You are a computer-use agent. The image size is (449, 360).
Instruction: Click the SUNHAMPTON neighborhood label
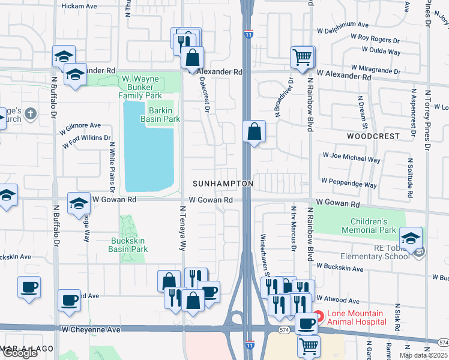tap(223, 183)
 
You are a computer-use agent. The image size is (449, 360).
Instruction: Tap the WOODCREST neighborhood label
tap(373, 136)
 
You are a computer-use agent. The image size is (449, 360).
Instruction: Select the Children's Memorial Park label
tap(369, 226)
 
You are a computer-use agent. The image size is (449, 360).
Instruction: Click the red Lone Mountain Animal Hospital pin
tap(318, 316)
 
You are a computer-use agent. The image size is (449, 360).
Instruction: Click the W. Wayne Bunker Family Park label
tap(141, 87)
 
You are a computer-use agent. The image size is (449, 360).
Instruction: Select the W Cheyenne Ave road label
tap(90, 329)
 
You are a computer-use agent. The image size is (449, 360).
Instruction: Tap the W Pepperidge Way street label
tap(349, 181)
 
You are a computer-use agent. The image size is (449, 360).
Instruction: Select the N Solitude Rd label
tap(411, 178)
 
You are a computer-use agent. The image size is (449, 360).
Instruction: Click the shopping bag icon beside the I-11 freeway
tap(255, 131)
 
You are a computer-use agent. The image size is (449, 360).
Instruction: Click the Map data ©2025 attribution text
tap(423, 355)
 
